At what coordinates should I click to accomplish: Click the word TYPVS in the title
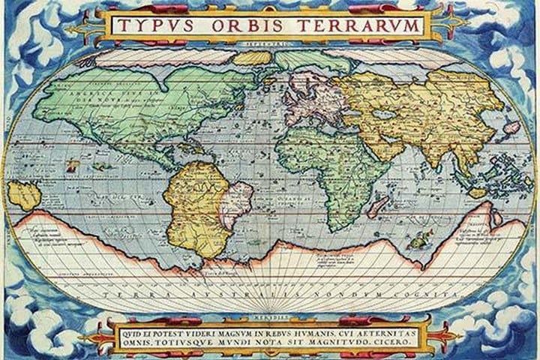(x=153, y=24)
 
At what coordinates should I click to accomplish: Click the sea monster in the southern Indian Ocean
(x=415, y=241)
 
